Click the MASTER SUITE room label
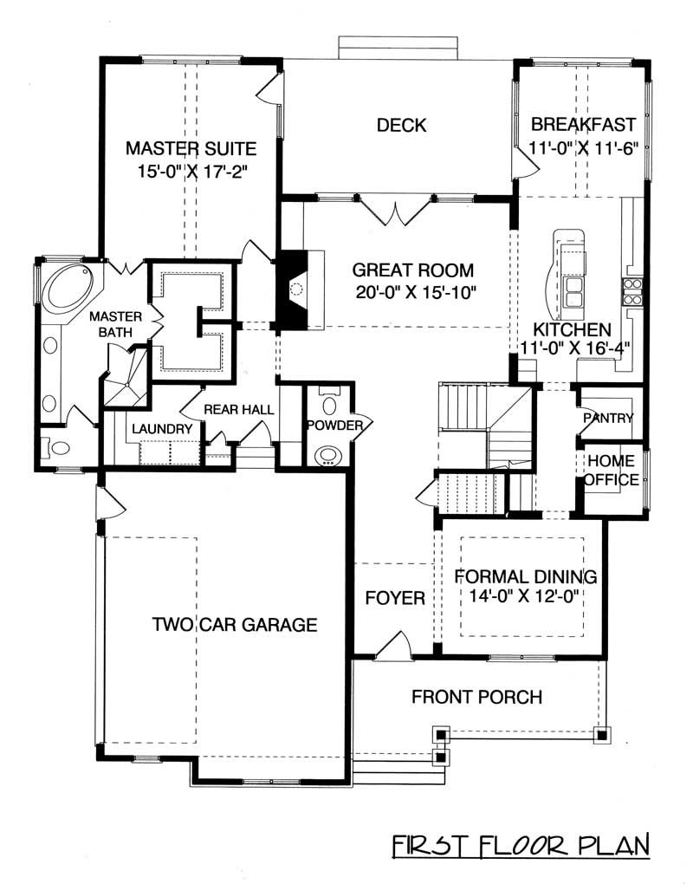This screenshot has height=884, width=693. (191, 147)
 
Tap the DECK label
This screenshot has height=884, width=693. (401, 126)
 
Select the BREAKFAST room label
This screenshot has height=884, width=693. (584, 125)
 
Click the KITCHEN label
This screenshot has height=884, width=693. (572, 329)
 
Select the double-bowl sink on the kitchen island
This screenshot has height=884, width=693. (573, 292)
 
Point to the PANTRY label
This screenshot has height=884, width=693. (608, 418)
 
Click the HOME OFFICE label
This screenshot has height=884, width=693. (612, 470)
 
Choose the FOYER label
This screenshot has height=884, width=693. (394, 598)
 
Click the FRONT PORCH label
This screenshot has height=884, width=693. (476, 697)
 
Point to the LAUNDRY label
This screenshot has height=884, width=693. (161, 429)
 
